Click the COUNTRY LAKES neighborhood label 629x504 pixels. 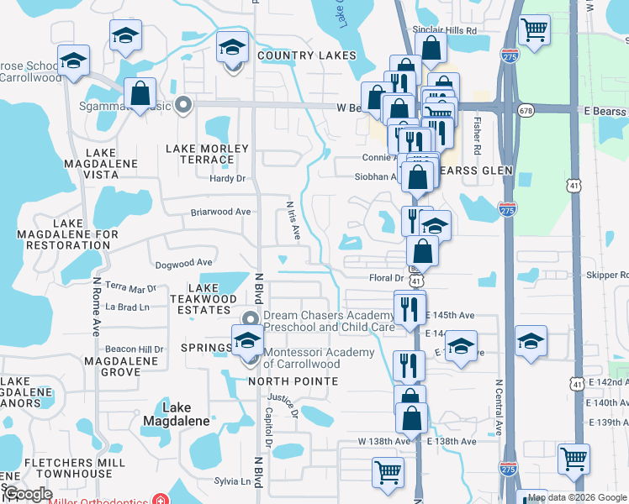pyautogui.click(x=307, y=55)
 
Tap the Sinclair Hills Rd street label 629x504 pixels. pyautogui.click(x=446, y=29)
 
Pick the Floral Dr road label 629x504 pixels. pyautogui.click(x=388, y=277)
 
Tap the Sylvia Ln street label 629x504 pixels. pyautogui.click(x=233, y=481)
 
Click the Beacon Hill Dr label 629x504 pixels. pyautogui.click(x=134, y=349)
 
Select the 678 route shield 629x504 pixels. pyautogui.click(x=526, y=110)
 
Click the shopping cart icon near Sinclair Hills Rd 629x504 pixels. pyautogui.click(x=535, y=32)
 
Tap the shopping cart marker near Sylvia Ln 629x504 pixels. pyautogui.click(x=388, y=472)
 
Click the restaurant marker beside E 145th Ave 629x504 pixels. pyautogui.click(x=410, y=307)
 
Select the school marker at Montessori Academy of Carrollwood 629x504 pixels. pyautogui.click(x=248, y=342)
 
